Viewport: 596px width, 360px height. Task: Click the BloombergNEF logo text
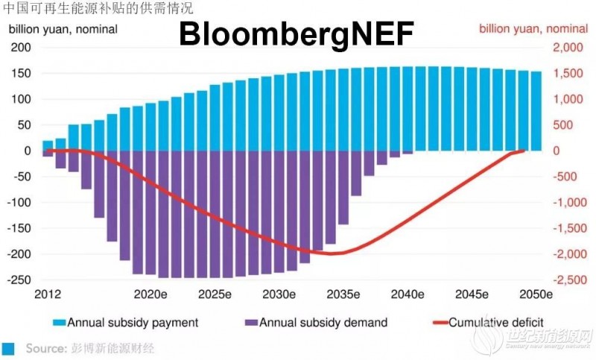[295, 34]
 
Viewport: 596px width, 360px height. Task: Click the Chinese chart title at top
[98, 9]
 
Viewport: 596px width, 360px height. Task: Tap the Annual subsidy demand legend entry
[316, 323]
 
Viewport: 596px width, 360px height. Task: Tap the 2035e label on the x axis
[344, 294]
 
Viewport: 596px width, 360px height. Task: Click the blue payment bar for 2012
[48, 145]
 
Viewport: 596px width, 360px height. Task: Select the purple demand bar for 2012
[48, 154]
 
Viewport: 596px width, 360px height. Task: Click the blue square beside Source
[9, 348]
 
